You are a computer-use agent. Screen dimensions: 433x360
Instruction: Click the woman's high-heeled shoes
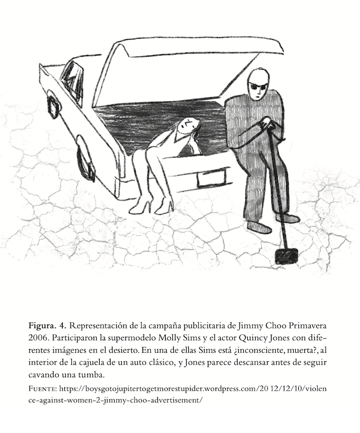153,205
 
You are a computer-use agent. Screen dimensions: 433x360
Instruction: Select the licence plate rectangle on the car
211,178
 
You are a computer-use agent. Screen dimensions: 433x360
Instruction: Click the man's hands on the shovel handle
266,124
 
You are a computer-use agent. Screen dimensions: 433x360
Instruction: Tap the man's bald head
258,77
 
